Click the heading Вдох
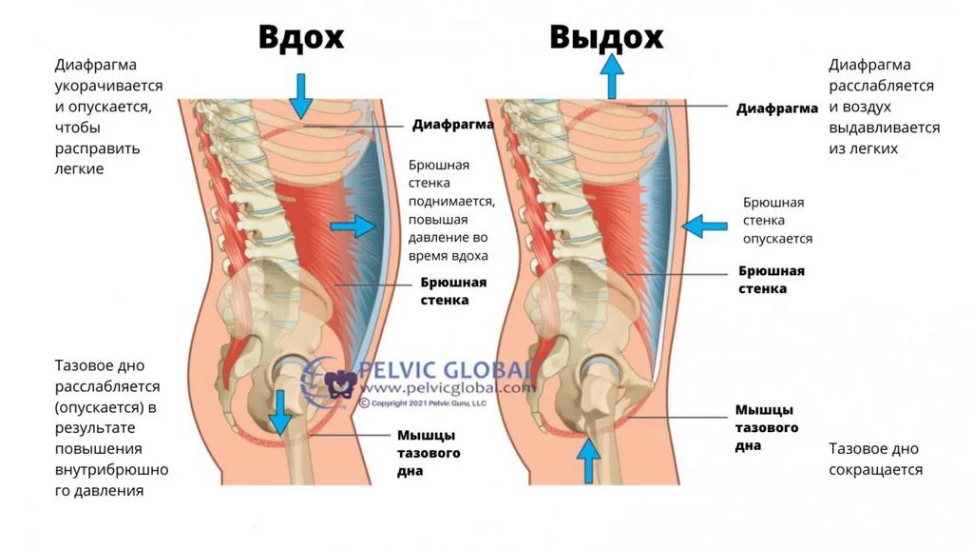(x=301, y=37)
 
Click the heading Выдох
(x=606, y=37)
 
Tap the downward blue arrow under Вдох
(x=301, y=96)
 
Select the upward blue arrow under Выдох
(x=612, y=76)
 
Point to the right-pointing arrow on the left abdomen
(x=353, y=226)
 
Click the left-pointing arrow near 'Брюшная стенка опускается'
(x=704, y=226)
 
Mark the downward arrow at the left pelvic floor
(x=280, y=412)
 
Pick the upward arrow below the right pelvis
(x=588, y=461)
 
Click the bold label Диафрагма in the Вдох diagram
(x=453, y=125)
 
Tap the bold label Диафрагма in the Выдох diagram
(x=777, y=108)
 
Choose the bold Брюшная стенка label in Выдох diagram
(x=772, y=280)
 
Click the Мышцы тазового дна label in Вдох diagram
(x=429, y=453)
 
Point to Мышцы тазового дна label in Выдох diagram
(x=767, y=427)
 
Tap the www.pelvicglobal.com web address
(x=448, y=388)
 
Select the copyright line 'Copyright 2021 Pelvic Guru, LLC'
(x=423, y=403)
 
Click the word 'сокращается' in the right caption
(x=875, y=469)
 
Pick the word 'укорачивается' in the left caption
(x=108, y=86)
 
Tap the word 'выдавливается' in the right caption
(x=885, y=127)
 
